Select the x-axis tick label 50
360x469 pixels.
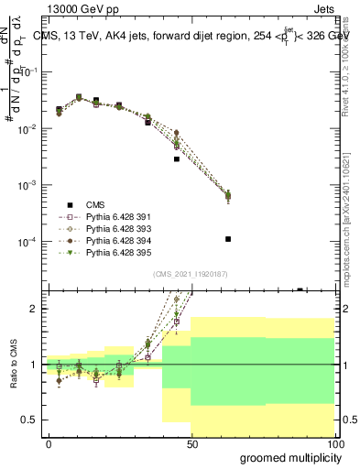pos(191,443)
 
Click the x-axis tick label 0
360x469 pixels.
pos(49,443)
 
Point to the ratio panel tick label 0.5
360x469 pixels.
pos(31,420)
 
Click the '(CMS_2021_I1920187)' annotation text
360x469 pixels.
pos(191,274)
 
